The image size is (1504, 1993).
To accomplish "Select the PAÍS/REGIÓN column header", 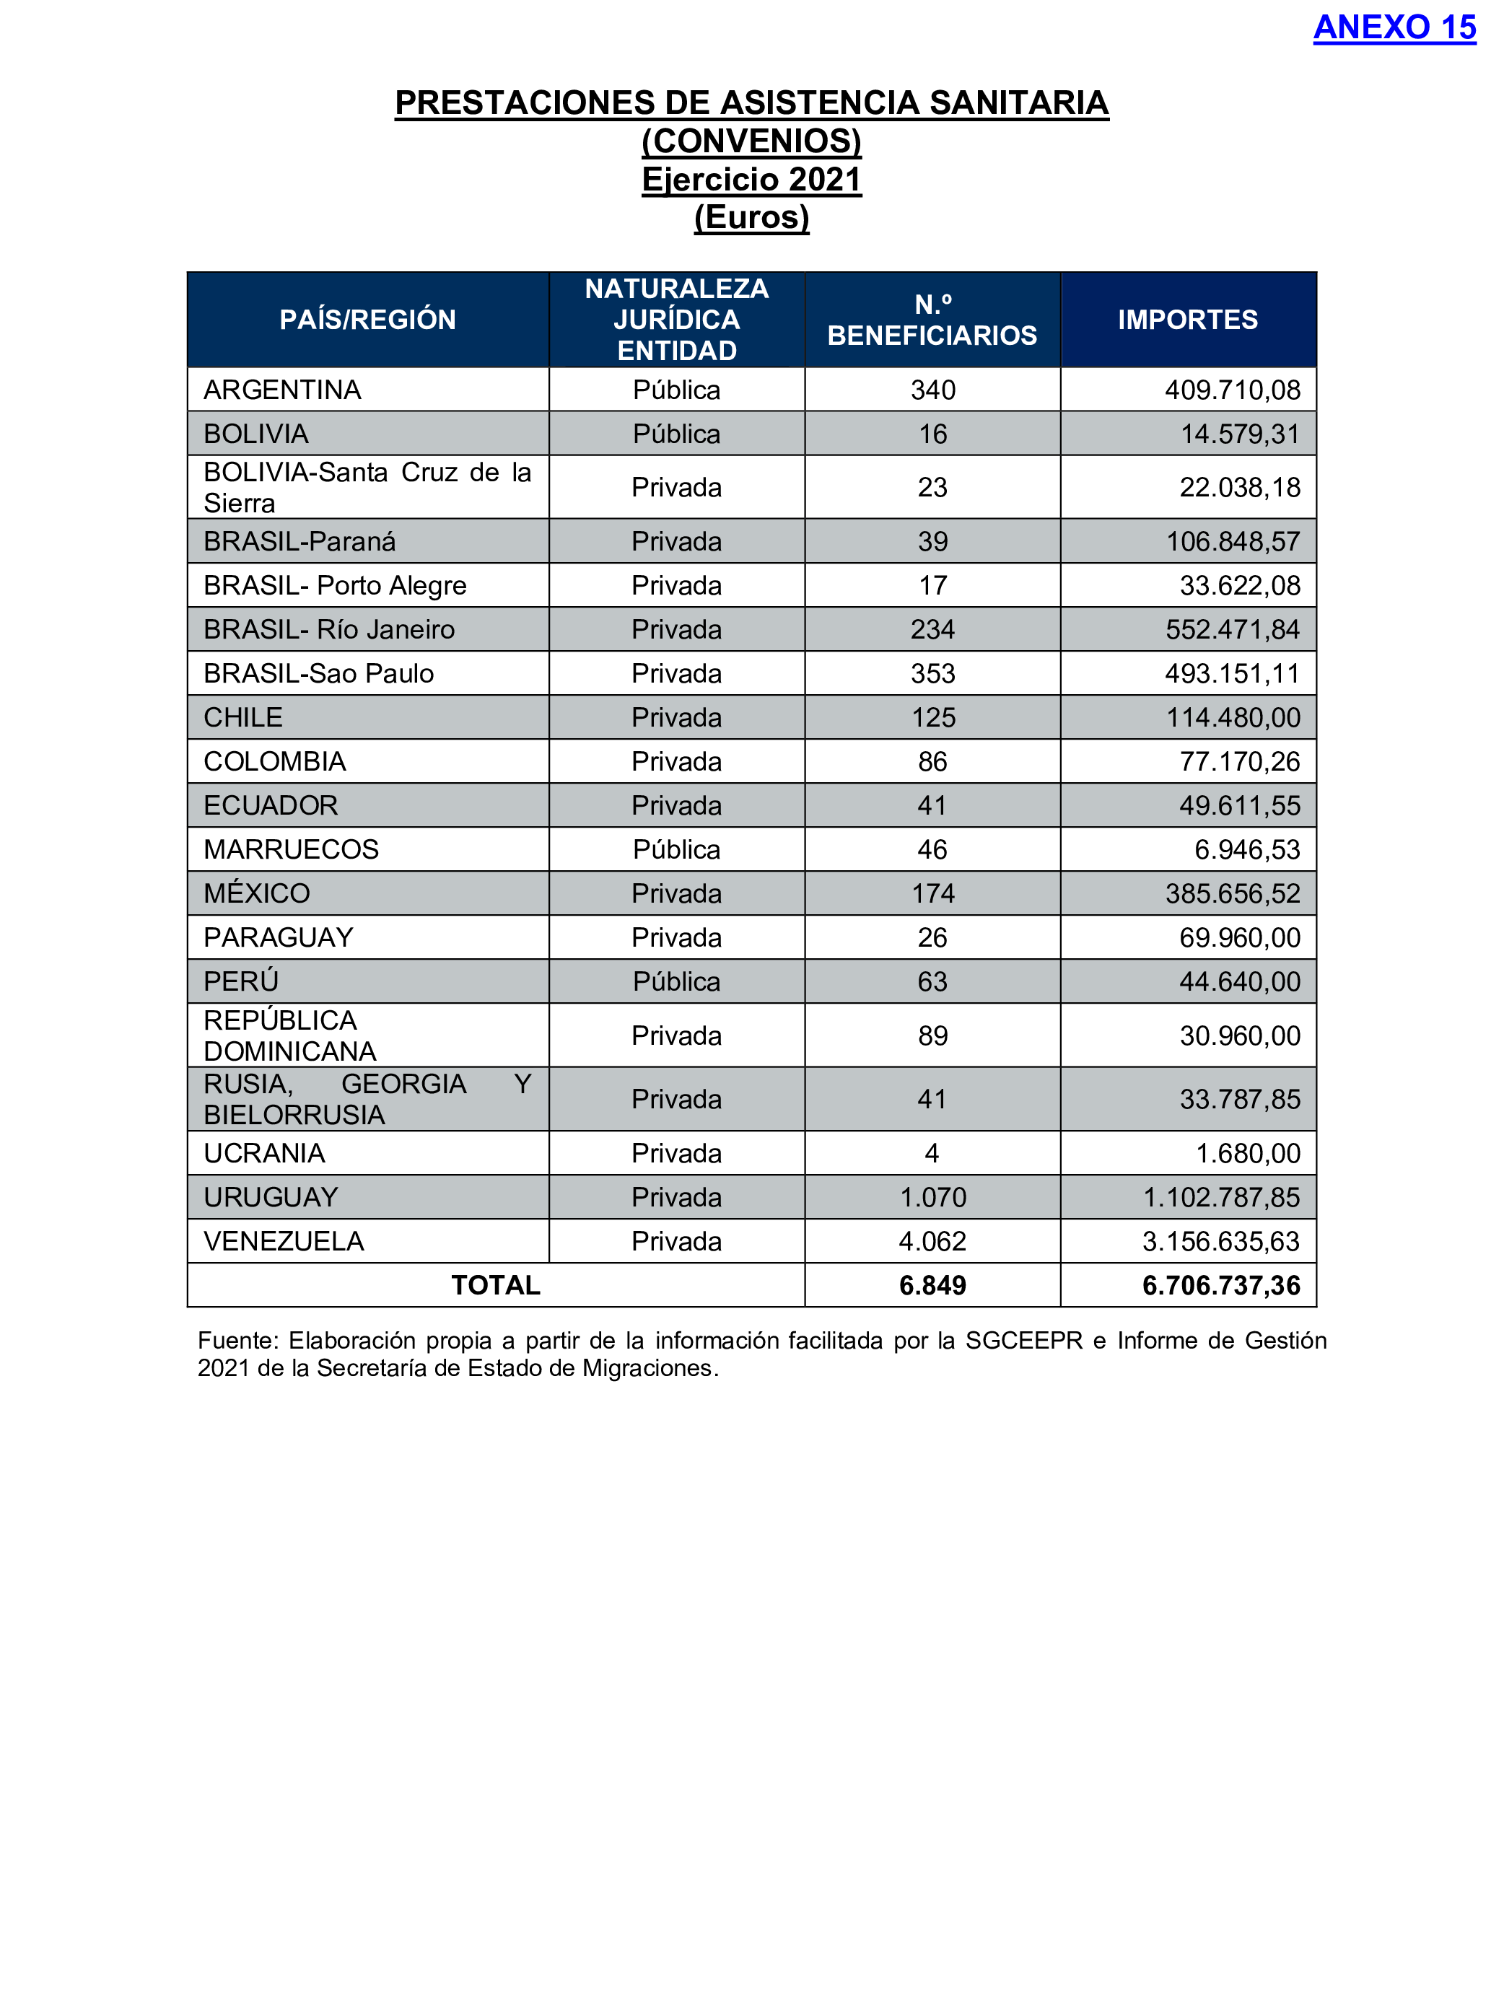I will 367,320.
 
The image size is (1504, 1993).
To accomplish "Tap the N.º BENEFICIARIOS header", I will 932,320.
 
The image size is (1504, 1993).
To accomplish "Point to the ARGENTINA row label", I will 282,390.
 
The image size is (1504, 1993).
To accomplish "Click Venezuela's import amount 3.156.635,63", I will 1220,1242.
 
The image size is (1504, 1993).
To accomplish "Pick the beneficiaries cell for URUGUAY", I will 932,1197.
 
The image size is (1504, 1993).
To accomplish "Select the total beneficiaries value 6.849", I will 932,1286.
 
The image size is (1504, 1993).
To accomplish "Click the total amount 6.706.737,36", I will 1220,1286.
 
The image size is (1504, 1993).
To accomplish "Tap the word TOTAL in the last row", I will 496,1286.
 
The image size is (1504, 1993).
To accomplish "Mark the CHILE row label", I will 243,718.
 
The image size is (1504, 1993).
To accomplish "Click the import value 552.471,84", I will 1232,630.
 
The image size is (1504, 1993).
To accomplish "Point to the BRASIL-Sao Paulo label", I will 318,674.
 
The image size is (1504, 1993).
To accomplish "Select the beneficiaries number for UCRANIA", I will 932,1153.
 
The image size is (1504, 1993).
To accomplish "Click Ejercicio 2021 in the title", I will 751,179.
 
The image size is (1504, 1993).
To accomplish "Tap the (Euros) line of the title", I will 751,217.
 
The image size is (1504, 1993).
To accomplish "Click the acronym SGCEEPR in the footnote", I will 1023,1341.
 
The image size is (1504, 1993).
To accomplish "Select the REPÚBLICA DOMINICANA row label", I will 289,1036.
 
